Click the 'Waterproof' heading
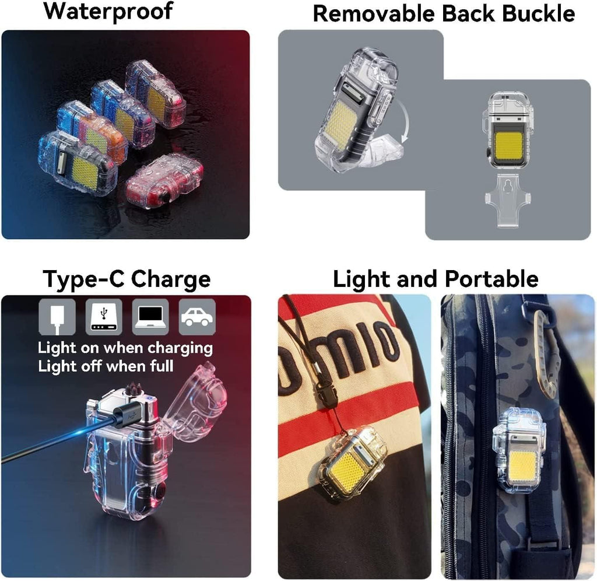click(x=108, y=11)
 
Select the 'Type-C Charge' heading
click(x=126, y=279)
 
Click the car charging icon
click(x=197, y=317)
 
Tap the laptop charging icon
click(x=150, y=317)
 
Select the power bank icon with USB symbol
click(x=104, y=317)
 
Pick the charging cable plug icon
click(x=57, y=317)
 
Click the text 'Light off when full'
click(x=106, y=366)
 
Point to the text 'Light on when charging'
click(x=125, y=348)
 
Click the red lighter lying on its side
click(x=164, y=181)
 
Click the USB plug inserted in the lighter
click(x=125, y=415)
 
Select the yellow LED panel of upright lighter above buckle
click(x=507, y=146)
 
